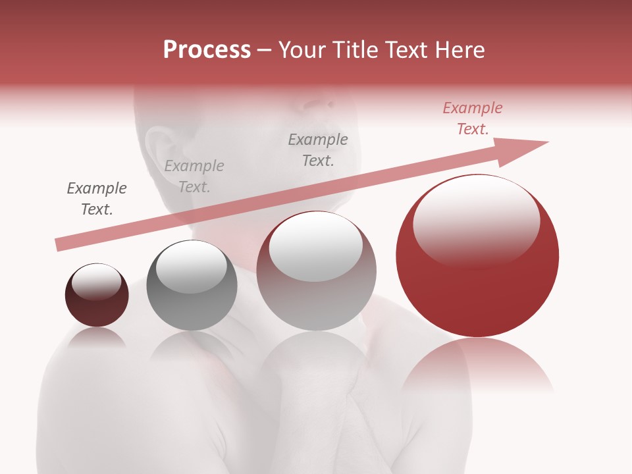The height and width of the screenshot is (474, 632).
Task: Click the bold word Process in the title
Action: click(207, 50)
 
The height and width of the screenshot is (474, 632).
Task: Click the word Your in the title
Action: click(302, 50)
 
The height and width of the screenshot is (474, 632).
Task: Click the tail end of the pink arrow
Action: click(59, 245)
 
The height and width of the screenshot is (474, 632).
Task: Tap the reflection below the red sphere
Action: click(477, 365)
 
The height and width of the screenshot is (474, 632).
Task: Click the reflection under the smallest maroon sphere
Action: click(97, 337)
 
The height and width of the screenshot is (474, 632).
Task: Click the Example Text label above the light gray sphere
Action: click(318, 149)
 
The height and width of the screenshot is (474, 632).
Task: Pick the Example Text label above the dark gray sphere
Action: click(194, 176)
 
